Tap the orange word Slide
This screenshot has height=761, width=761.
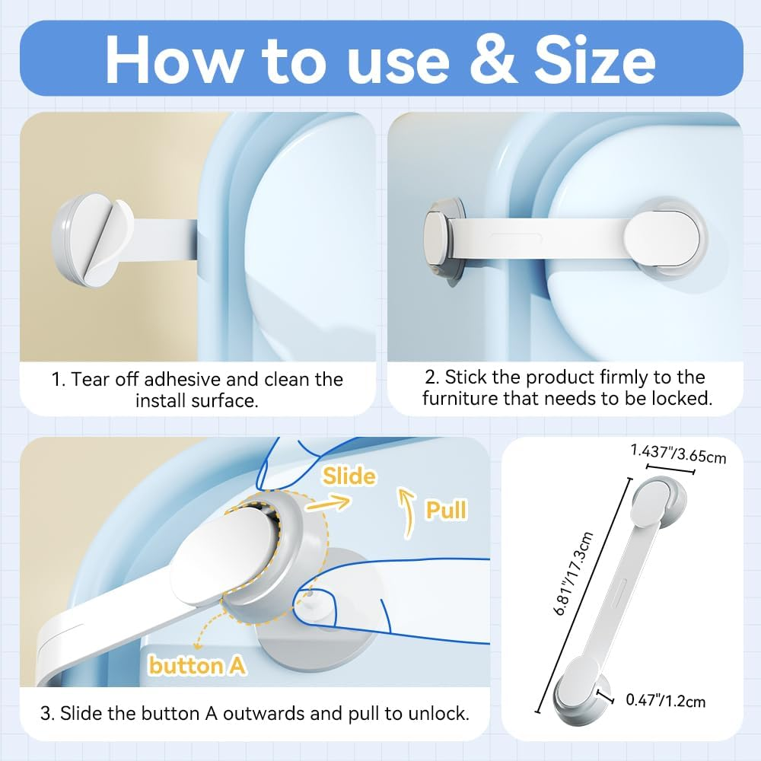coord(349,476)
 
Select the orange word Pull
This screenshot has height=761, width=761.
coord(445,510)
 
